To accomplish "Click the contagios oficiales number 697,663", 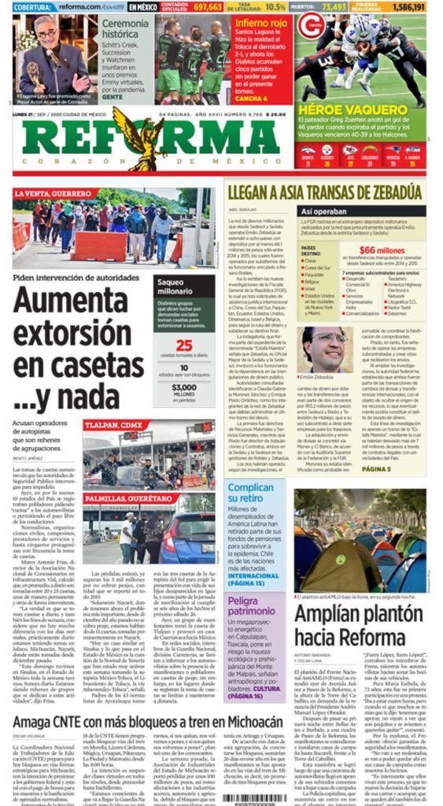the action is point(208,6).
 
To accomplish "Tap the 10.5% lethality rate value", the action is point(275,6).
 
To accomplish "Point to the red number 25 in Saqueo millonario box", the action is point(183,345).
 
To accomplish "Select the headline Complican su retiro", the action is point(250,494).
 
